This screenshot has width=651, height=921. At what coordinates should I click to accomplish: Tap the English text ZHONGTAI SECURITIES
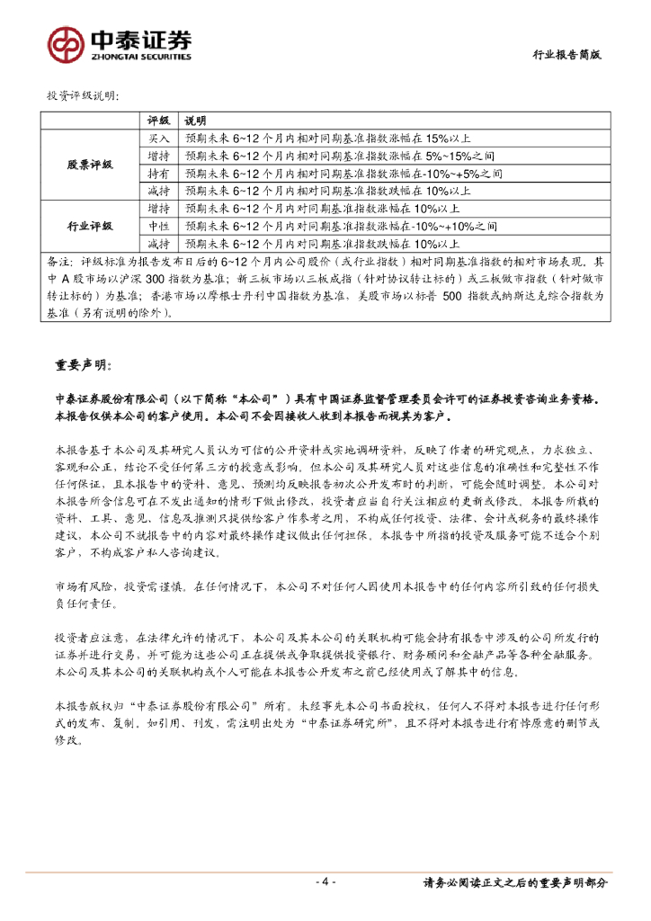[140, 56]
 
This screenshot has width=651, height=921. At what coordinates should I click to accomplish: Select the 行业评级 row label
[90, 225]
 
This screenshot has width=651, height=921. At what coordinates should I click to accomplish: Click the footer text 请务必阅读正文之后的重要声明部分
[514, 882]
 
